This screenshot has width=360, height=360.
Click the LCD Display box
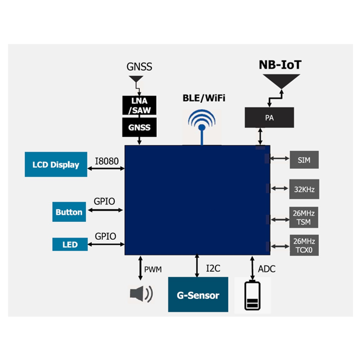(56, 164)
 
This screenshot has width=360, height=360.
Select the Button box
(69, 212)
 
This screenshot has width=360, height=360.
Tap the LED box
(69, 244)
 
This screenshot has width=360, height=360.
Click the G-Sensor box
(198, 295)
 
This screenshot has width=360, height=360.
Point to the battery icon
(253, 296)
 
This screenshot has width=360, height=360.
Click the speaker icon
(141, 294)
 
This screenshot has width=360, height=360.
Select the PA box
(269, 117)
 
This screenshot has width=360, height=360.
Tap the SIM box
(304, 159)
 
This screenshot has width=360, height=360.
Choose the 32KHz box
(304, 189)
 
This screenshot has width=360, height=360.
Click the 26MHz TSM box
(304, 218)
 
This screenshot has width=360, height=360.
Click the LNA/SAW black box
(139, 105)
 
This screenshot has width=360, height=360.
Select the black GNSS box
(139, 127)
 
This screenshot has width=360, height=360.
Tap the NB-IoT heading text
(280, 64)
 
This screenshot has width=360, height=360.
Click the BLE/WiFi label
(203, 98)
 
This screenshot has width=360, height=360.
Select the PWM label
(153, 269)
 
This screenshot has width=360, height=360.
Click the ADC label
(267, 269)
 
